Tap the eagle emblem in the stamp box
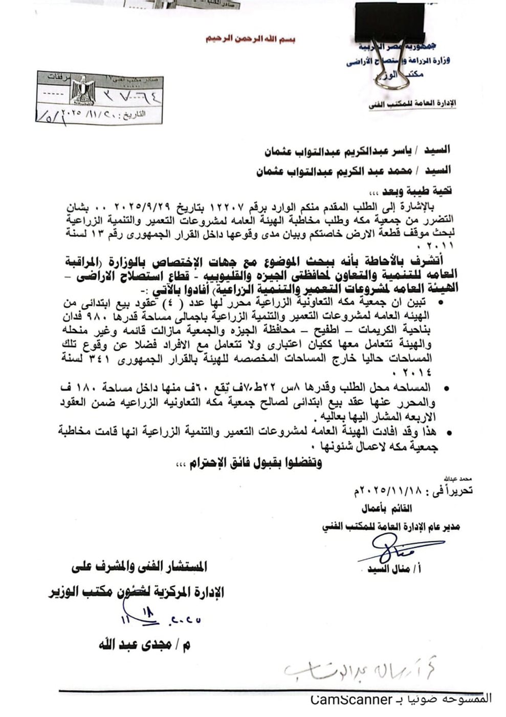click(80, 91)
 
